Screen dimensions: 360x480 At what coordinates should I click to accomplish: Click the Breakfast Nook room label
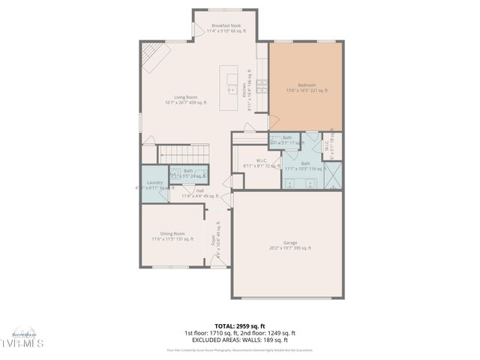pyautogui.click(x=226, y=28)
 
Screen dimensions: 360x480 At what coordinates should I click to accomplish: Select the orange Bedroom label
pyautogui.click(x=306, y=88)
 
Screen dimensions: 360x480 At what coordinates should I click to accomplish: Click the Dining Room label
pyautogui.click(x=172, y=236)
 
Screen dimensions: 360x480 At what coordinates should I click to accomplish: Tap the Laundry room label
pyautogui.click(x=155, y=185)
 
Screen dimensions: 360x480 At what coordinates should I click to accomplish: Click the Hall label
pyautogui.click(x=200, y=193)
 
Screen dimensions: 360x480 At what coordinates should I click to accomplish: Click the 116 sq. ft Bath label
pyautogui.click(x=305, y=166)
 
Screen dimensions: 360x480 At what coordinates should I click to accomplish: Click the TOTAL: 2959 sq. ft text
pyautogui.click(x=239, y=326)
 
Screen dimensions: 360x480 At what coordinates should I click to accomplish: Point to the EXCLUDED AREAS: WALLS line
pyautogui.click(x=239, y=339)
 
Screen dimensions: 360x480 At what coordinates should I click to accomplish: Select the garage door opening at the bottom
pyautogui.click(x=289, y=298)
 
